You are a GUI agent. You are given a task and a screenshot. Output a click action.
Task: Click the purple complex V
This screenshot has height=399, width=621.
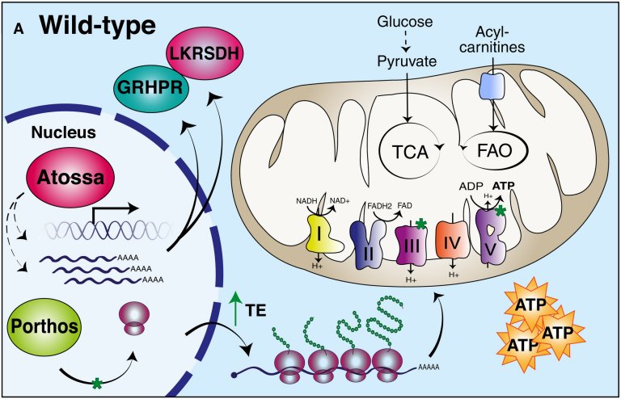point(490,238)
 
